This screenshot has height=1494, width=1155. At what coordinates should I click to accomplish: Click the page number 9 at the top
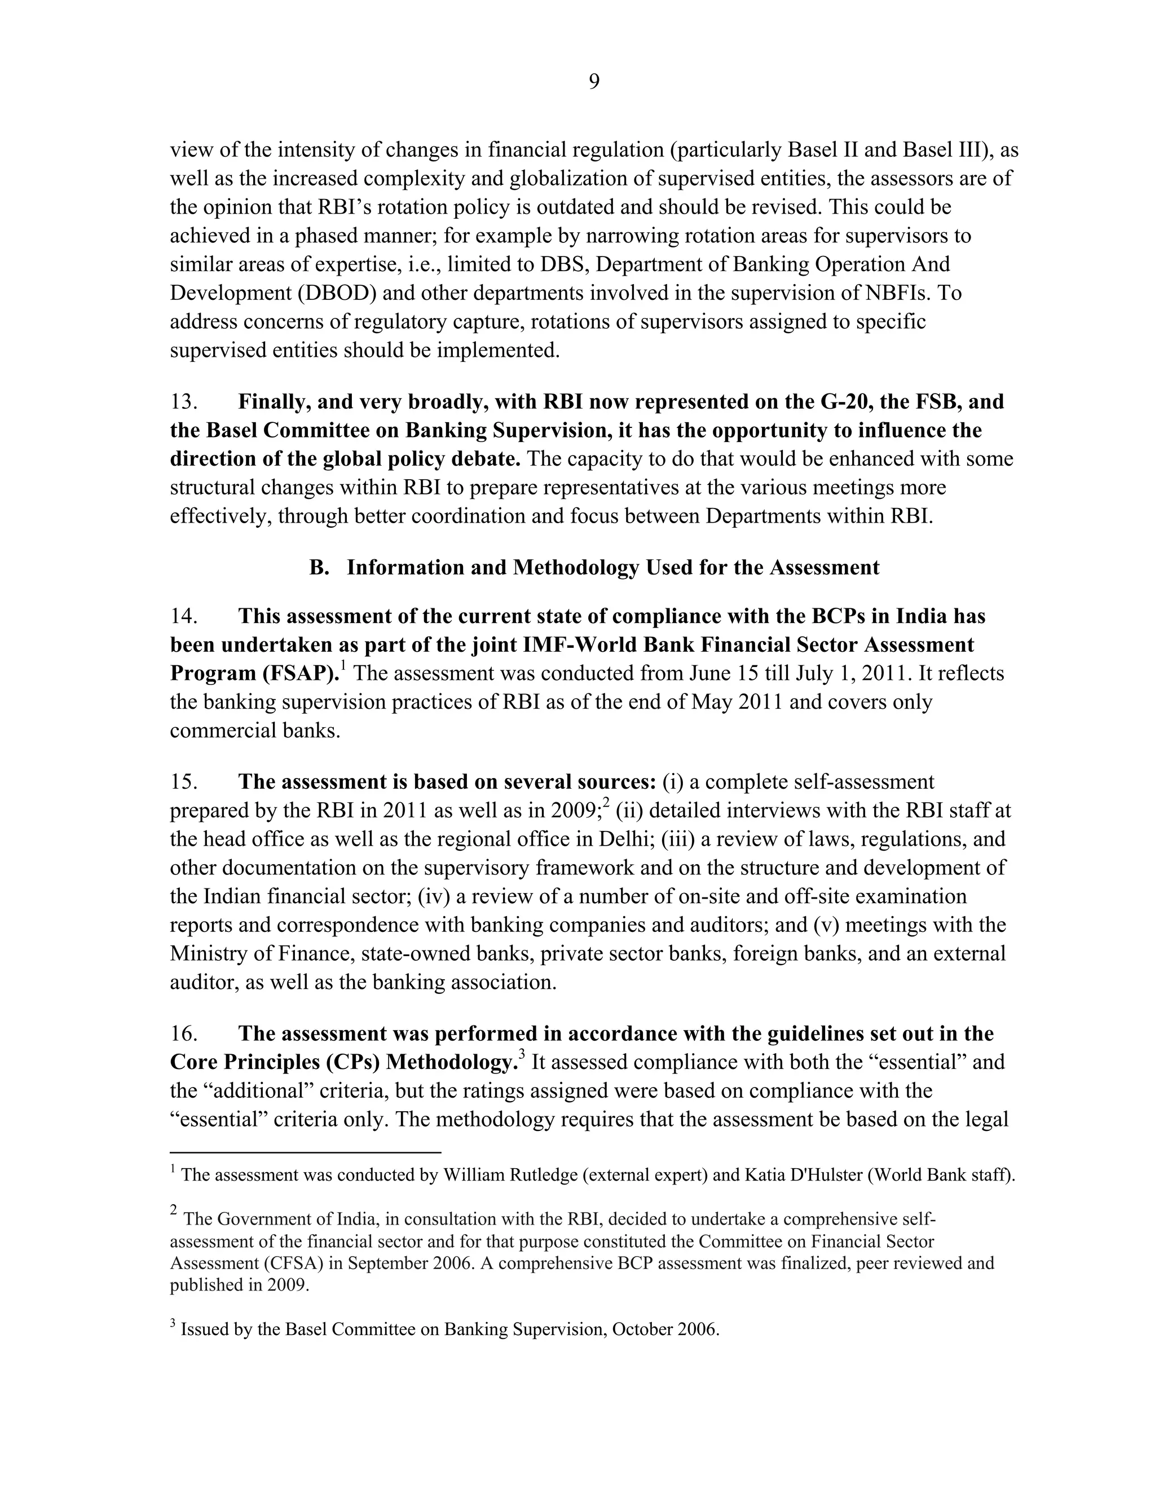pyautogui.click(x=594, y=82)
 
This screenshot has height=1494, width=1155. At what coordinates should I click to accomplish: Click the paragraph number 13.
pyautogui.click(x=183, y=401)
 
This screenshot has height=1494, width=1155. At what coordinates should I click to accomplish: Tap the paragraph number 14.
pyautogui.click(x=183, y=616)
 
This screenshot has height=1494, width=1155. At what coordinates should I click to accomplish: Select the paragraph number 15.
pyautogui.click(x=183, y=782)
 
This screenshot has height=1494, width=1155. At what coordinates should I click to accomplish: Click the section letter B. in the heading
pyautogui.click(x=320, y=567)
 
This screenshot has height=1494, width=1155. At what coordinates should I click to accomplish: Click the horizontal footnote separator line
pyautogui.click(x=305, y=1152)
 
